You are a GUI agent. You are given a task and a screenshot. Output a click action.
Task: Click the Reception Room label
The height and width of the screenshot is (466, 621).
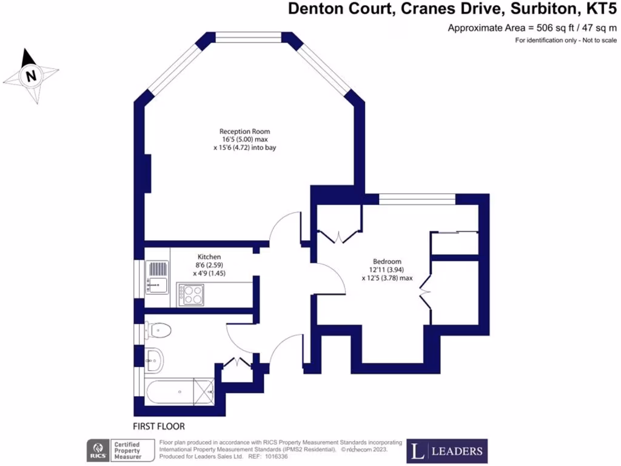(x=244, y=131)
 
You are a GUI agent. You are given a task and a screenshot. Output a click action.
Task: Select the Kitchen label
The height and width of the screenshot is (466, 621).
(x=209, y=257)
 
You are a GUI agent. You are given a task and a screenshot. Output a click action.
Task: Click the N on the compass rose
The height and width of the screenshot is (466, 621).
(x=30, y=76)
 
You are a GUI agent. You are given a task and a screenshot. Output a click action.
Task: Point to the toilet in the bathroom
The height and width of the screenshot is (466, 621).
(x=158, y=329)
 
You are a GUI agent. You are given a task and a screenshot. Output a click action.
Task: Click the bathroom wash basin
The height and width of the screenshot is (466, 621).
(x=153, y=360)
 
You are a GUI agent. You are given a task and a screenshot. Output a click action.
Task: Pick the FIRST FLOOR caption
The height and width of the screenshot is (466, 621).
(x=158, y=426)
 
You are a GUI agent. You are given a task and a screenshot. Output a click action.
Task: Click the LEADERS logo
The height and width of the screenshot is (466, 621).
(x=447, y=451)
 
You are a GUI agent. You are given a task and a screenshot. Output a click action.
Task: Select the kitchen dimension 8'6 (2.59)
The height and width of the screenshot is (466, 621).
(x=209, y=265)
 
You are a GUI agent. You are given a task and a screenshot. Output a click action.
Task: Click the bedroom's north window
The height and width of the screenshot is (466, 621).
(x=417, y=198)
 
